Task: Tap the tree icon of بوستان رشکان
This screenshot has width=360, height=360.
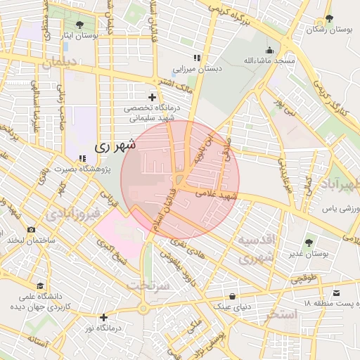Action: pos(328,18)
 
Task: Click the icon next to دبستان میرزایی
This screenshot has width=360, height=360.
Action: pos(197,58)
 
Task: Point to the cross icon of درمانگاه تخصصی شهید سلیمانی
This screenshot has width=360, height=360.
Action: pos(152,96)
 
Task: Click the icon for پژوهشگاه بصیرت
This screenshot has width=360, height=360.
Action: pos(82,159)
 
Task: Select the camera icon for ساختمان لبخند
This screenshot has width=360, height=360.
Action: pos(31,229)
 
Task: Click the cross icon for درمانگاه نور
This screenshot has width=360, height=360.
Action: pos(104,317)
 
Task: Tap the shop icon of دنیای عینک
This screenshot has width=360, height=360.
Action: pos(231,296)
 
